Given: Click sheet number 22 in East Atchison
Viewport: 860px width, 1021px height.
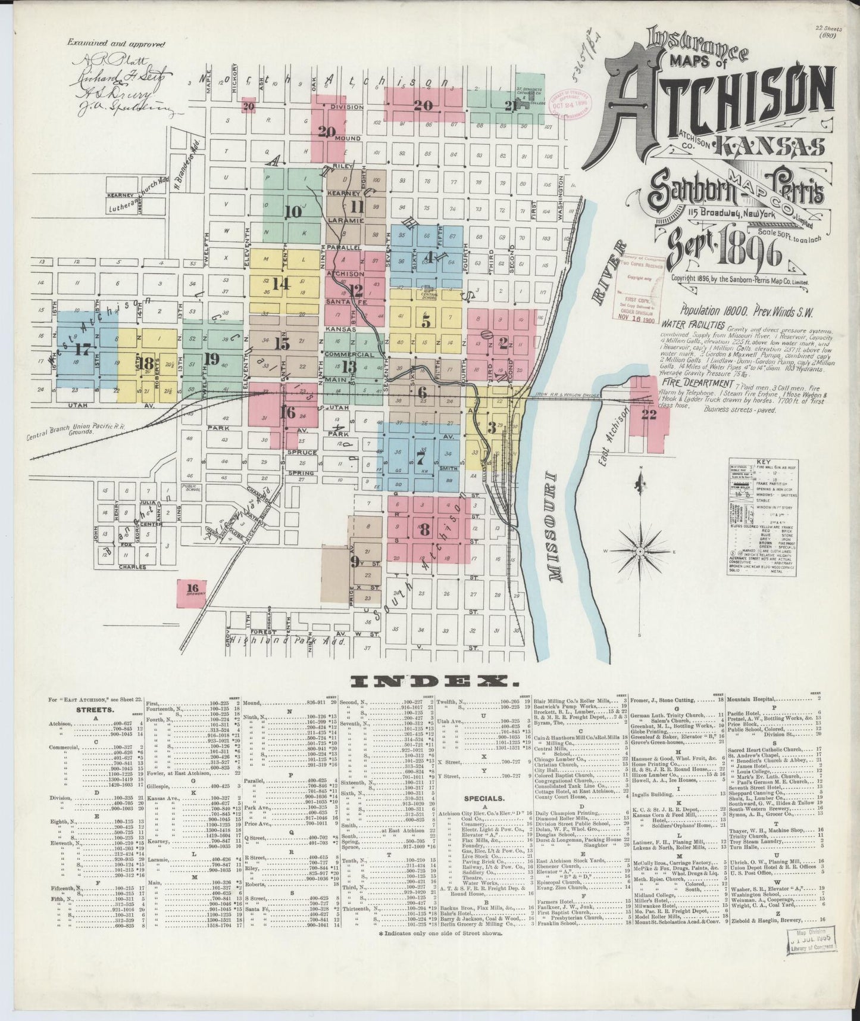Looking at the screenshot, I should point(648,415).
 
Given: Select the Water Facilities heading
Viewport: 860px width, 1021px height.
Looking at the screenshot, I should point(693,326).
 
